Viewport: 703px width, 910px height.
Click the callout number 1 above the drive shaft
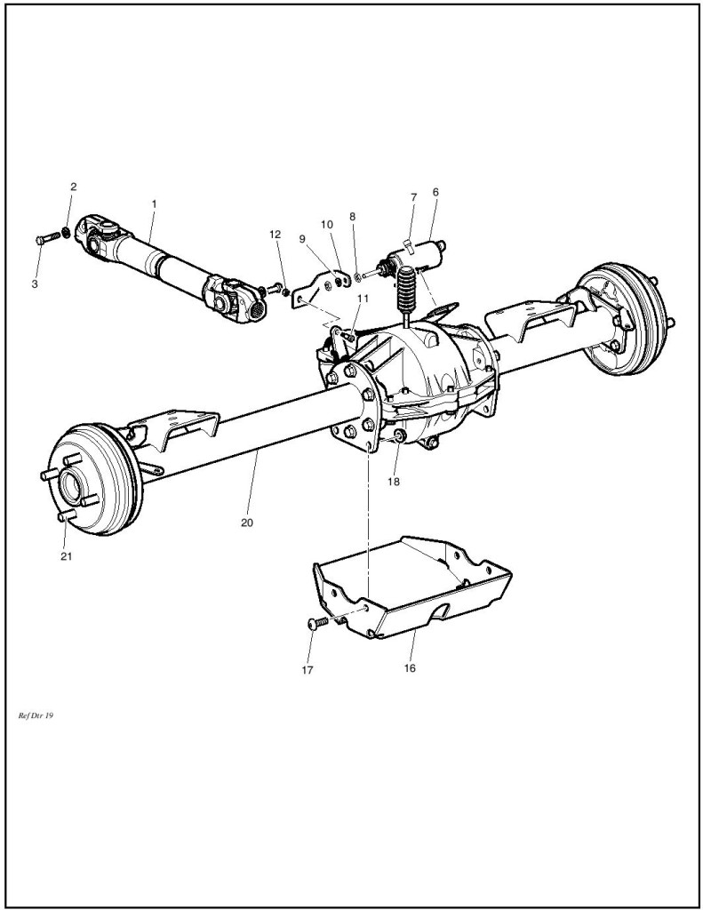tap(154, 204)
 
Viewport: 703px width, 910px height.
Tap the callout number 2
tap(74, 187)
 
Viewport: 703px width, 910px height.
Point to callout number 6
tap(435, 191)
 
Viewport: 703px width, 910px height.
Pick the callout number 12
tap(275, 234)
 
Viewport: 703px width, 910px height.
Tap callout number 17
tap(308, 671)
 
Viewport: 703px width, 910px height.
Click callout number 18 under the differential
tap(393, 482)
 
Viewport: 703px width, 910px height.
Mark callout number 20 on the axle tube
tap(246, 523)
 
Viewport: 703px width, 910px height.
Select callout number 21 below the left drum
tap(66, 557)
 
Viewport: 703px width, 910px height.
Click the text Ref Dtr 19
tap(36, 714)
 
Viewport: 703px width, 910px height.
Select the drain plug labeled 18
tap(399, 435)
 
